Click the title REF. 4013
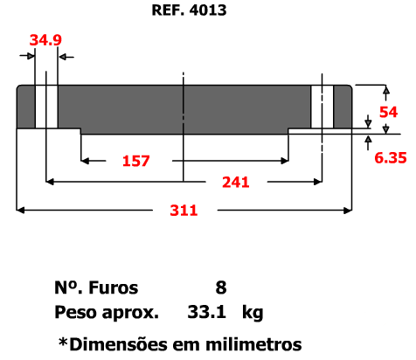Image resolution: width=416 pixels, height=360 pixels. click(x=189, y=10)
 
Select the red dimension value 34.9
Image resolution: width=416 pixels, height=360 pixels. click(x=45, y=40)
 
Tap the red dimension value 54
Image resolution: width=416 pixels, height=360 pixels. click(x=388, y=112)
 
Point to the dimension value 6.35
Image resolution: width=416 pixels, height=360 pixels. click(x=391, y=158)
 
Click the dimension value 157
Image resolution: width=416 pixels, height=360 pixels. click(x=136, y=161)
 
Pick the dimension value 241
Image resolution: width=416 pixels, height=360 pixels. click(x=236, y=183)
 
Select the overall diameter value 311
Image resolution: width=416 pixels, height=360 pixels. click(x=184, y=211)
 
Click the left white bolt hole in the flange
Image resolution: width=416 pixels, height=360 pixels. click(x=46, y=107)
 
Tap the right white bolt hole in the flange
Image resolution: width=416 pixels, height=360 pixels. click(x=322, y=107)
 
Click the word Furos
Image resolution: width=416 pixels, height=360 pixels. click(x=114, y=287)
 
